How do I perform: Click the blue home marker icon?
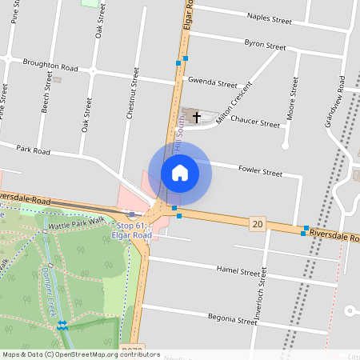[179, 172]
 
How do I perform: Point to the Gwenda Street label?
[212, 82]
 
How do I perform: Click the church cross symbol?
[196, 116]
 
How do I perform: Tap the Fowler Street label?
[261, 172]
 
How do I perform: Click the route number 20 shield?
[256, 223]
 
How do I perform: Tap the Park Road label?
[34, 150]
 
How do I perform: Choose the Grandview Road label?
[334, 104]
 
